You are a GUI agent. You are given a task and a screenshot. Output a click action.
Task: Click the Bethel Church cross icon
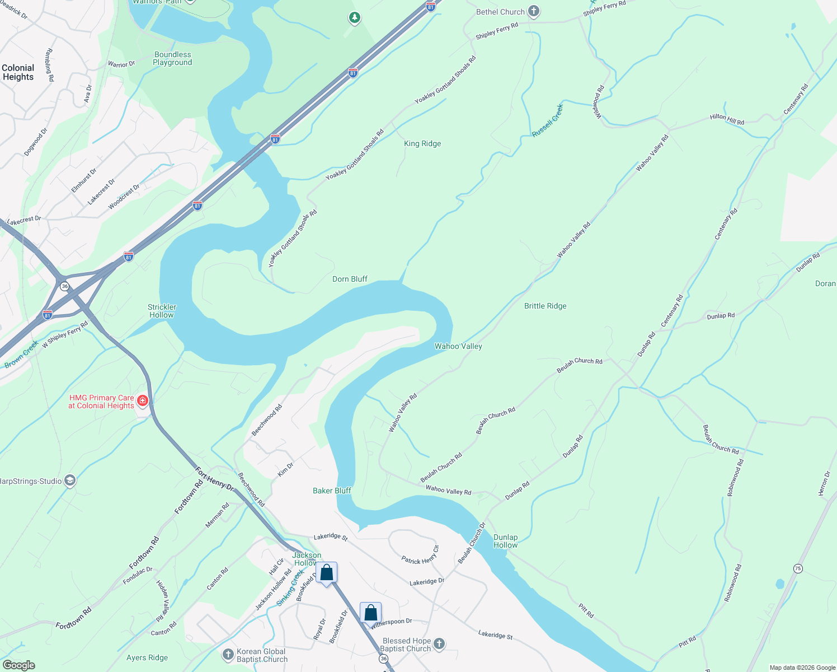(x=534, y=11)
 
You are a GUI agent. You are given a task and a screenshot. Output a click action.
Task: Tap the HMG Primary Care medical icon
(x=142, y=400)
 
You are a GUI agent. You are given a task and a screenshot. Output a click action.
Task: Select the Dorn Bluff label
(x=350, y=279)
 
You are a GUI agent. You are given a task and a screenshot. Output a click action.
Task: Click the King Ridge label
(x=422, y=143)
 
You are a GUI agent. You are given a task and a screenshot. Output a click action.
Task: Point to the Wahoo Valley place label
(x=458, y=346)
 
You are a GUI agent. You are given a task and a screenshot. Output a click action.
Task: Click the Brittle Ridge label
(x=545, y=306)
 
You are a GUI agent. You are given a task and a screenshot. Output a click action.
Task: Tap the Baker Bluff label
(x=332, y=491)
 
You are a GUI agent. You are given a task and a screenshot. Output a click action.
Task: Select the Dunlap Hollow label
(x=505, y=541)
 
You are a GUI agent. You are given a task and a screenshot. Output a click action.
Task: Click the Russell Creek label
(x=547, y=120)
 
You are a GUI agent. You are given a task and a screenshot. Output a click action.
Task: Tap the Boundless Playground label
(x=172, y=58)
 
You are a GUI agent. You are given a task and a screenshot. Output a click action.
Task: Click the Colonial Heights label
(x=18, y=72)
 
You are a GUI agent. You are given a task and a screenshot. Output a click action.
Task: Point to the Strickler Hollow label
(x=162, y=311)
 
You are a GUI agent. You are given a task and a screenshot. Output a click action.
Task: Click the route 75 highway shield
(x=798, y=568)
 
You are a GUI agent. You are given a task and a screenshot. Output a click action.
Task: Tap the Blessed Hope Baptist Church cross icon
(x=439, y=644)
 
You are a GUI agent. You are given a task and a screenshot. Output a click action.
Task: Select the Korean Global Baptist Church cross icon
(x=228, y=654)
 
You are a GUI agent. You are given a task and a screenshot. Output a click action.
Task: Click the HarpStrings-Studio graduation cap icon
(x=70, y=481)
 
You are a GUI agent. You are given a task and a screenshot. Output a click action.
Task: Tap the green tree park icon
(x=354, y=18)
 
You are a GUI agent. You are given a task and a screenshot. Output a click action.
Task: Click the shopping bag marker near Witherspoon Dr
(x=370, y=613)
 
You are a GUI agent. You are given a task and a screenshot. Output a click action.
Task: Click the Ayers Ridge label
(x=147, y=657)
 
